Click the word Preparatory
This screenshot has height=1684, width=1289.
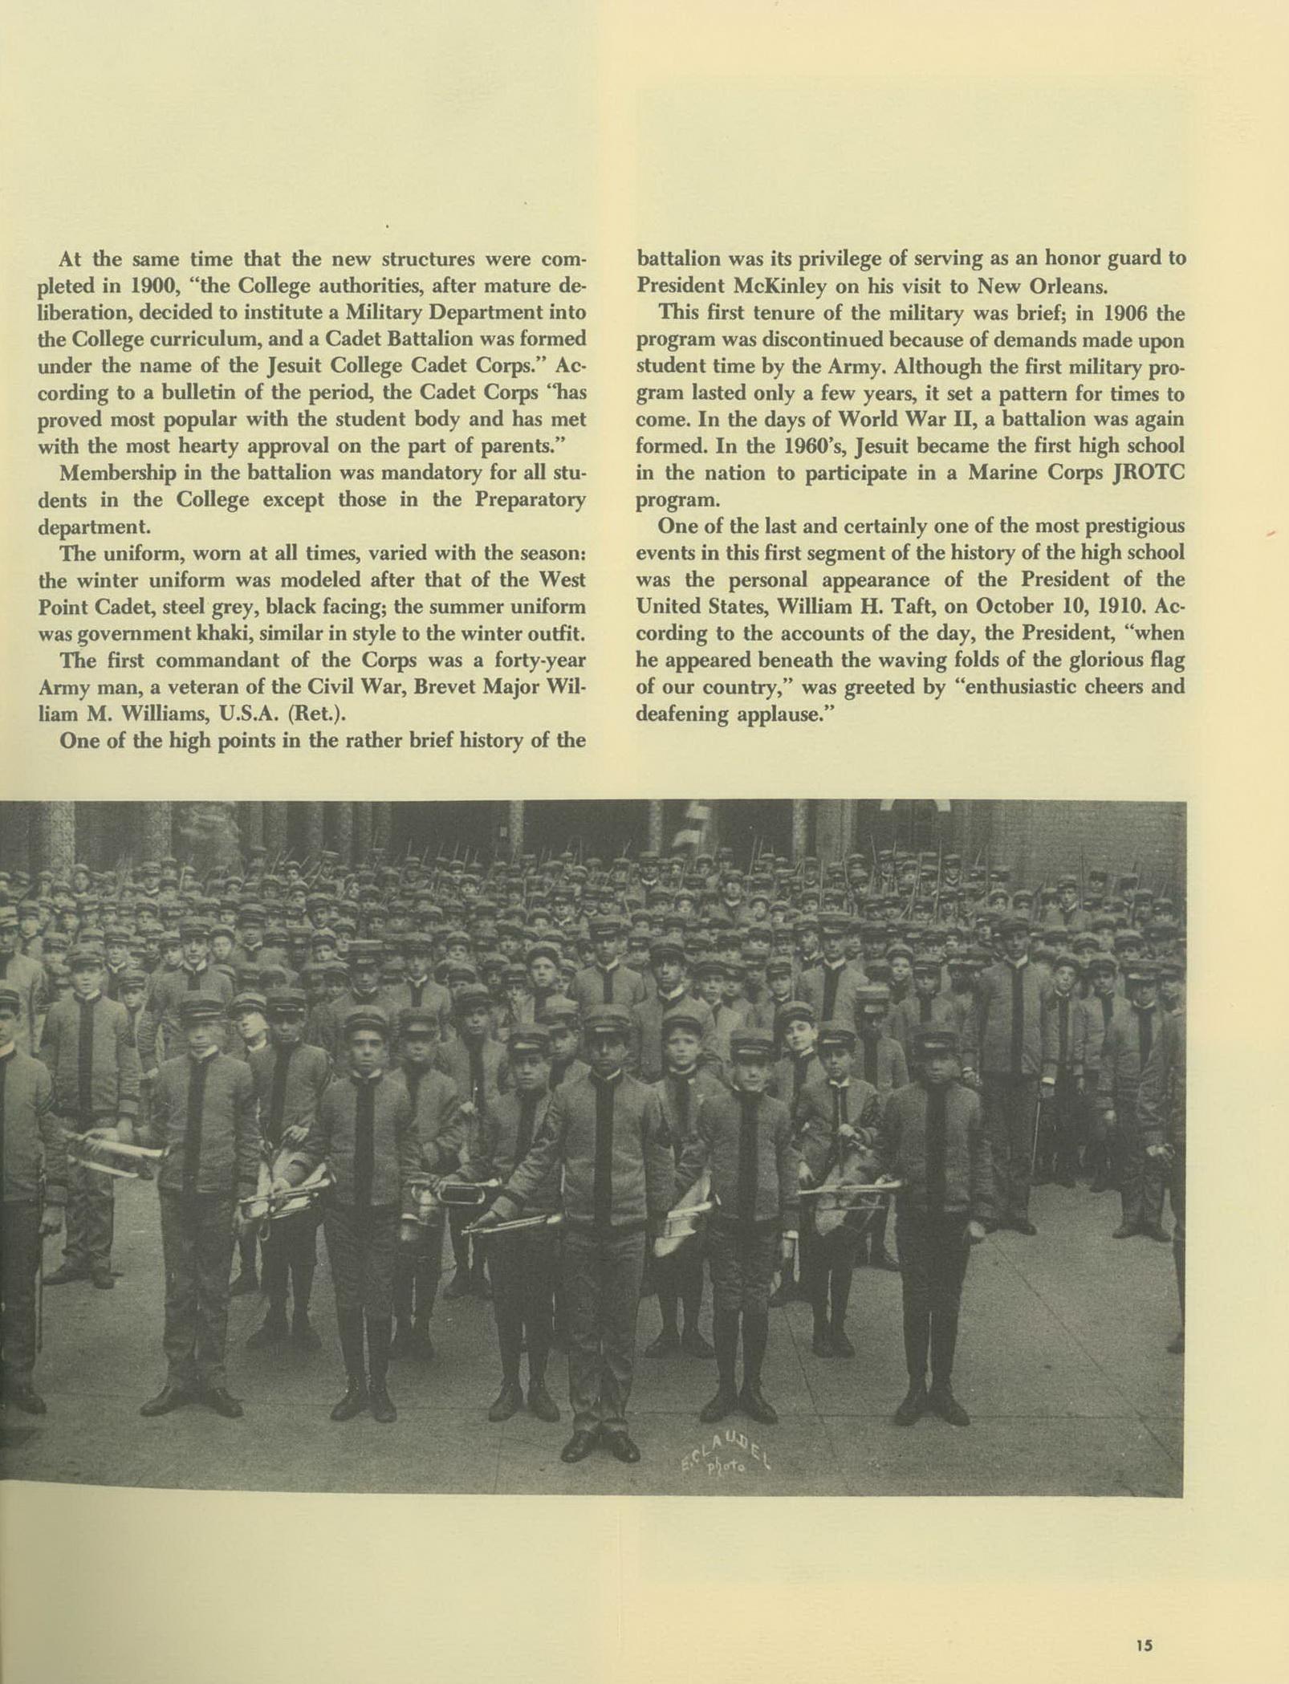(x=529, y=499)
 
